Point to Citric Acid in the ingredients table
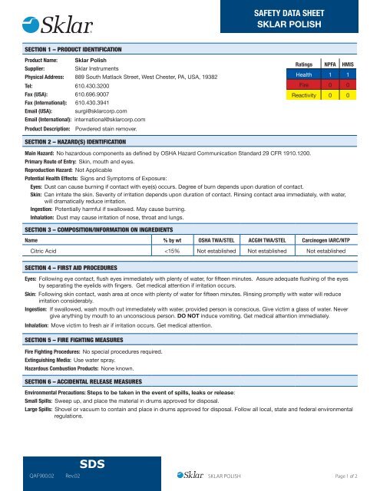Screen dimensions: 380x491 (45, 229)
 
